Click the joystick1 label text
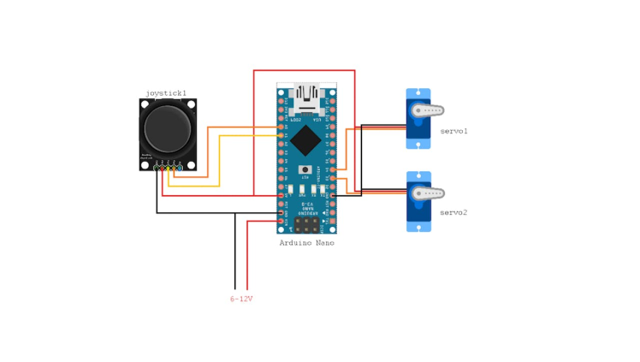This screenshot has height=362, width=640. click(x=166, y=92)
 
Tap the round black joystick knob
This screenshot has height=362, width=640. click(x=168, y=128)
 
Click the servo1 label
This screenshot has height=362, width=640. click(x=453, y=131)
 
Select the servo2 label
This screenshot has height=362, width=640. click(x=453, y=211)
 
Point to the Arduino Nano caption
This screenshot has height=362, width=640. click(x=306, y=243)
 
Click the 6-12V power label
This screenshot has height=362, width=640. click(x=241, y=299)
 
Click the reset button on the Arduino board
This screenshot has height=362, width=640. click(x=305, y=171)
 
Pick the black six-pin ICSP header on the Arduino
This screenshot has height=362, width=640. click(x=306, y=224)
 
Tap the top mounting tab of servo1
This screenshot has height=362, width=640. click(x=418, y=93)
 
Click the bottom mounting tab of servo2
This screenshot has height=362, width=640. click(x=418, y=228)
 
